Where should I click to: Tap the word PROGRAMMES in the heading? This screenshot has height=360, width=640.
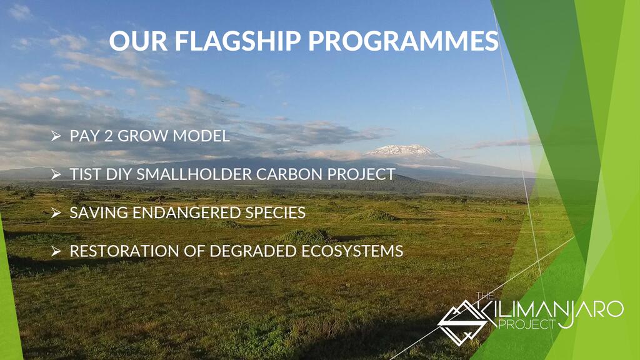[403, 41]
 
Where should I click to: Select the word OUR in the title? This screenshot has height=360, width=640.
[138, 41]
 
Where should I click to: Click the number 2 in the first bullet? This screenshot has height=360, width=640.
[108, 136]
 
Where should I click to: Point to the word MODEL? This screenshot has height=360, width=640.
[201, 136]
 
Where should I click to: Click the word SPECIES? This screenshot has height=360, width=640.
[276, 212]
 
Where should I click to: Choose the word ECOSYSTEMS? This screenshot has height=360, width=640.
[352, 251]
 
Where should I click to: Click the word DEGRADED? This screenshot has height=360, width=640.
[253, 251]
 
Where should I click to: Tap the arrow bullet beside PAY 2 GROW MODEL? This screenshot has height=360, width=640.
[56, 136]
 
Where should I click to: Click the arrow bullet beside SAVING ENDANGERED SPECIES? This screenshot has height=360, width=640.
[56, 212]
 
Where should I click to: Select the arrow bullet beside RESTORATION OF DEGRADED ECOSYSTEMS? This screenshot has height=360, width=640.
[56, 251]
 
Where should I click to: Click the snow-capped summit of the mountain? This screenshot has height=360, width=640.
[402, 150]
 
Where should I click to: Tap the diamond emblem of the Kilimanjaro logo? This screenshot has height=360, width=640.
[462, 322]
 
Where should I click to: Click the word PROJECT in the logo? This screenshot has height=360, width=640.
[527, 324]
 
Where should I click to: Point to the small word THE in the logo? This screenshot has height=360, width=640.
[485, 296]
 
